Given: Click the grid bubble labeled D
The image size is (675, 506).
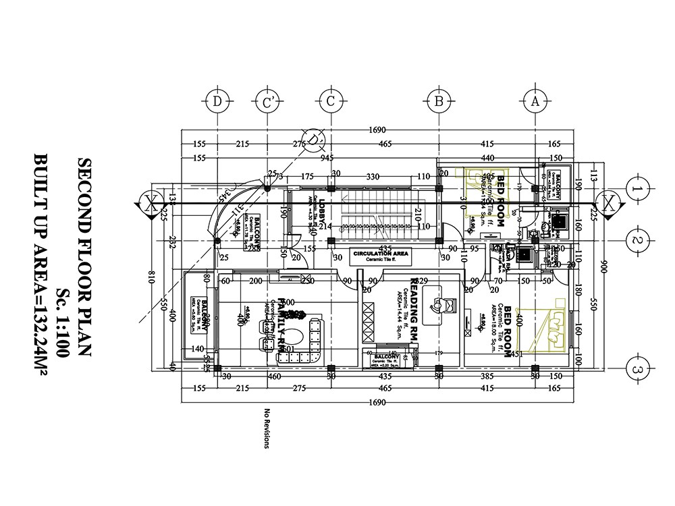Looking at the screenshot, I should [217, 102].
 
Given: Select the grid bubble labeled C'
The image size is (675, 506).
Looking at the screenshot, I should [268, 102].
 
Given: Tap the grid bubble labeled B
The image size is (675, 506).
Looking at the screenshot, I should [438, 102].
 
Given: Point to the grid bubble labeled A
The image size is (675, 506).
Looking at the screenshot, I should [535, 102].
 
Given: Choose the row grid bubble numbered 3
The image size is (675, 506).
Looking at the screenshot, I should [638, 369].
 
